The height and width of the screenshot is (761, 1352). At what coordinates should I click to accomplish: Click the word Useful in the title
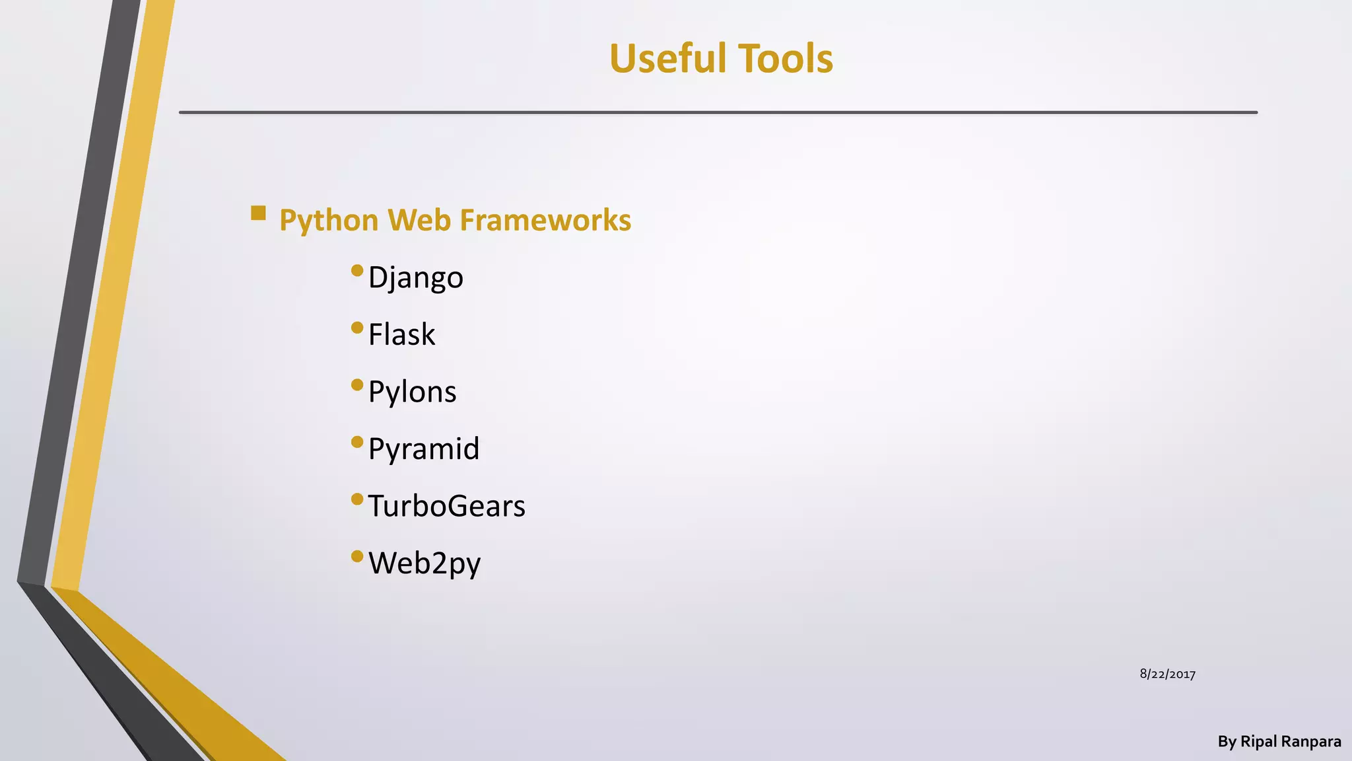(x=667, y=58)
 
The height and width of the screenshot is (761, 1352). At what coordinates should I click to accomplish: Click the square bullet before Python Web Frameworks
(x=258, y=213)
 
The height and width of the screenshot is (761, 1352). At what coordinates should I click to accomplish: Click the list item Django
(x=415, y=277)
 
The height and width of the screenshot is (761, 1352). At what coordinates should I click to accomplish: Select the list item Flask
(x=401, y=334)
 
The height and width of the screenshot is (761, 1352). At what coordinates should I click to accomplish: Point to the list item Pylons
(x=412, y=392)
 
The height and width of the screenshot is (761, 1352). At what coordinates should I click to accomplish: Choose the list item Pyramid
(x=423, y=449)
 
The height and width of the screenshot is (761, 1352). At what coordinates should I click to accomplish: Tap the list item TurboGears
(x=446, y=506)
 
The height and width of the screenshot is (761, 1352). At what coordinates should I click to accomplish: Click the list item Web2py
(x=424, y=563)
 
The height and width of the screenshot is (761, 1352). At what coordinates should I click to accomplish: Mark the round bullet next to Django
(x=357, y=270)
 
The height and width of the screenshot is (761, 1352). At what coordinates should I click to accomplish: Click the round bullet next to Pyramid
(x=357, y=441)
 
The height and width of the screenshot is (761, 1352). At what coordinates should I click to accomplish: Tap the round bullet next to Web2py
(x=357, y=556)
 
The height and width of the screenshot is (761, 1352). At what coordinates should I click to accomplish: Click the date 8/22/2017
(x=1167, y=674)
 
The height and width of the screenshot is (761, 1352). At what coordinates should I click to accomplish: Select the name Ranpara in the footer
(x=1311, y=742)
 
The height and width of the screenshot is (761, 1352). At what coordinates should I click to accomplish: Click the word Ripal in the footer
(x=1259, y=742)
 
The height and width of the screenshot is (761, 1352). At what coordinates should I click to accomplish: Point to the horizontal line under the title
(x=718, y=112)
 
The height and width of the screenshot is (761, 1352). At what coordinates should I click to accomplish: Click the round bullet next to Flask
(x=357, y=327)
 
